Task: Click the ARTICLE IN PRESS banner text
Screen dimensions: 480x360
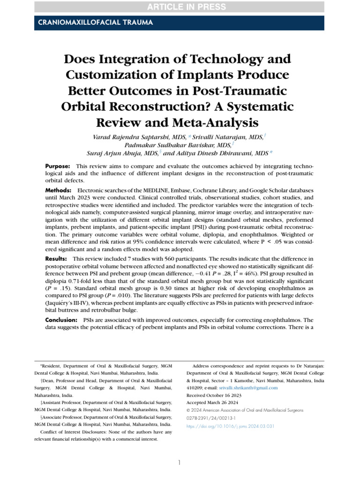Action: pos(180,7)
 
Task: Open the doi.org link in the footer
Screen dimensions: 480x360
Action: pos(230,426)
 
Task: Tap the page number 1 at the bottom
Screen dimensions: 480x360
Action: pos(180,463)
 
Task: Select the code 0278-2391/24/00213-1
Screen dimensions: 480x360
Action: pos(211,418)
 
